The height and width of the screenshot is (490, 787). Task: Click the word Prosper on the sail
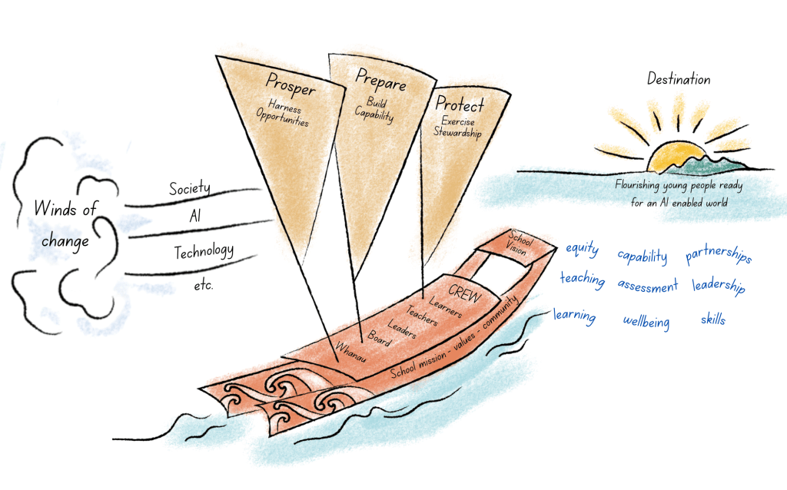[290, 84]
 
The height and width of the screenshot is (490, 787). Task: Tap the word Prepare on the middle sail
[380, 80]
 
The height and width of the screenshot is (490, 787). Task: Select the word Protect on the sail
[460, 104]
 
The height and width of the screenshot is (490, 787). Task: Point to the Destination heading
[679, 79]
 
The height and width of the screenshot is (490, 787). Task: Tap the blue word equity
[583, 249]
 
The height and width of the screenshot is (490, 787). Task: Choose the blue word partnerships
[719, 253]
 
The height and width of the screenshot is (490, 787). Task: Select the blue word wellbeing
[646, 322]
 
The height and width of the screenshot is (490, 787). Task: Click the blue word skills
[712, 319]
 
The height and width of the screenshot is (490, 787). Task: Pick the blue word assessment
[647, 286]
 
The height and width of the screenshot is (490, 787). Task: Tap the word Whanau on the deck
[350, 352]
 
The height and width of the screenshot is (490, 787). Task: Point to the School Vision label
[519, 243]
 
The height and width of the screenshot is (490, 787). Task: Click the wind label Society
[189, 188]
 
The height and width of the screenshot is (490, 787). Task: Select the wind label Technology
[204, 251]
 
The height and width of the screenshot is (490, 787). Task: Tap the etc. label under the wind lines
[203, 286]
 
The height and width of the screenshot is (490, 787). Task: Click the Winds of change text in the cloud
[65, 223]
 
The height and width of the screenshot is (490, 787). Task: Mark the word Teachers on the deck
[422, 316]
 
